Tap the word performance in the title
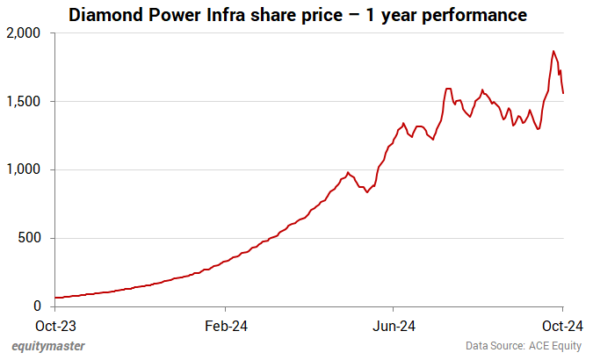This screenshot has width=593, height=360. tap(476, 15)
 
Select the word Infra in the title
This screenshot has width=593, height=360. tap(223, 15)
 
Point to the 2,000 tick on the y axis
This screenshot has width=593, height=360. tap(25, 33)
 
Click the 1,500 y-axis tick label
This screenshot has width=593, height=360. tap(25, 102)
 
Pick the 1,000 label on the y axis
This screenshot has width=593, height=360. tap(25, 169)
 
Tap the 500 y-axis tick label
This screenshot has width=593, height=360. tap(33, 238)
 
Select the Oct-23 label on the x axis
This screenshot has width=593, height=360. tap(55, 325)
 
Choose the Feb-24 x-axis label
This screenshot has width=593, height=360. tap(225, 325)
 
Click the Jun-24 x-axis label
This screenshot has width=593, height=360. tap(394, 325)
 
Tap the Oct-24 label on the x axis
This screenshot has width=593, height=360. tap(562, 325)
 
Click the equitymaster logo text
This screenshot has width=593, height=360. tap(48, 346)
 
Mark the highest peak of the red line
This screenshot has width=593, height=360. tap(553, 51)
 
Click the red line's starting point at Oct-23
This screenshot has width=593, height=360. tap(55, 298)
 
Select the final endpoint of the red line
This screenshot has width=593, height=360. tap(563, 93)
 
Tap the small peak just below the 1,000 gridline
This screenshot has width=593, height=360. tap(348, 172)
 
